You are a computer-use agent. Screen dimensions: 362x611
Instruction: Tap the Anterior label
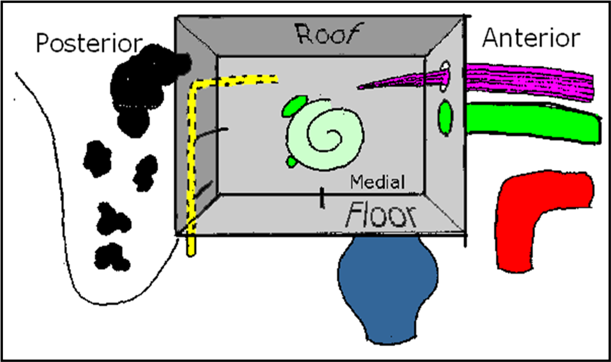(x=531, y=38)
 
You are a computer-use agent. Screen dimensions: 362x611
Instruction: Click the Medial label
(x=377, y=182)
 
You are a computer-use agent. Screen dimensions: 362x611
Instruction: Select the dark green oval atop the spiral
(x=294, y=106)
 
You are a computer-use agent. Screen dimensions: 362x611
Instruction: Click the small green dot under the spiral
(x=292, y=162)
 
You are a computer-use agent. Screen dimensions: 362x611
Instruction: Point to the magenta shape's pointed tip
(x=360, y=87)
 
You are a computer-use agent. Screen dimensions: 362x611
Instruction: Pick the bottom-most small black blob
(x=111, y=256)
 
